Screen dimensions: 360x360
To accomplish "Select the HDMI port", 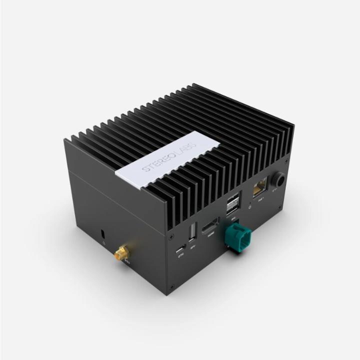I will pyautogui.click(x=209, y=226).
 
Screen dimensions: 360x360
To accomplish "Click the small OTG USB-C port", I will pyautogui.click(x=180, y=248).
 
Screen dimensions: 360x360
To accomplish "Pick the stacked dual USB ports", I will pyautogui.click(x=232, y=203).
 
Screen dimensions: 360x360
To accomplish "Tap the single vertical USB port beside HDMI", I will pyautogui.click(x=192, y=233).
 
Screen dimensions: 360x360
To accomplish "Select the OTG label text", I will pyautogui.click(x=181, y=255).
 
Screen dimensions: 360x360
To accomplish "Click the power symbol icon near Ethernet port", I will pyautogui.click(x=249, y=206).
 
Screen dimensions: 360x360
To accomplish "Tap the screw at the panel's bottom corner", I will pyautogui.click(x=171, y=287).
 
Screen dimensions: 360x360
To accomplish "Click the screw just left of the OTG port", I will pyautogui.click(x=170, y=235).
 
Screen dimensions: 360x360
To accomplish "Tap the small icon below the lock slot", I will pyautogui.click(x=103, y=243).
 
